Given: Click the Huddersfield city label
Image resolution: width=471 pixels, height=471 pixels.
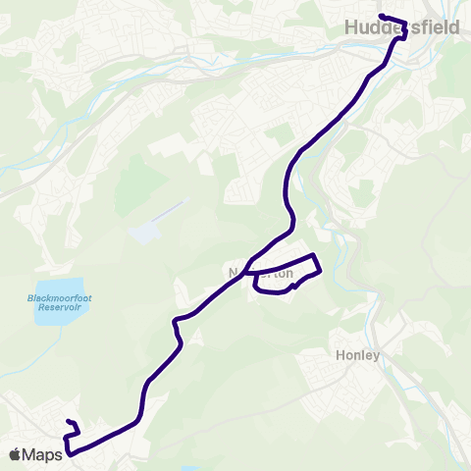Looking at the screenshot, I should (x=402, y=28).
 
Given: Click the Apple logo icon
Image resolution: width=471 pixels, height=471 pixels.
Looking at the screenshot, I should (x=16, y=453).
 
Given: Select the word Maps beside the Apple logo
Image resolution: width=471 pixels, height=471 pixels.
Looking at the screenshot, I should (x=43, y=453).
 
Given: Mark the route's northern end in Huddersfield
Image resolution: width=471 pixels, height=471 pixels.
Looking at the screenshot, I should (x=381, y=15).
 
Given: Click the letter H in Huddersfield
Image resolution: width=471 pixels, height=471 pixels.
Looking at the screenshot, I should (x=351, y=28).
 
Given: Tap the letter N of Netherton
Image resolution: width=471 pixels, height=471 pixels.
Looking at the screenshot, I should (x=234, y=274).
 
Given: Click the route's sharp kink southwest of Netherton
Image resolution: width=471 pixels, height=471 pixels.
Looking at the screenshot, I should (x=178, y=320).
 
